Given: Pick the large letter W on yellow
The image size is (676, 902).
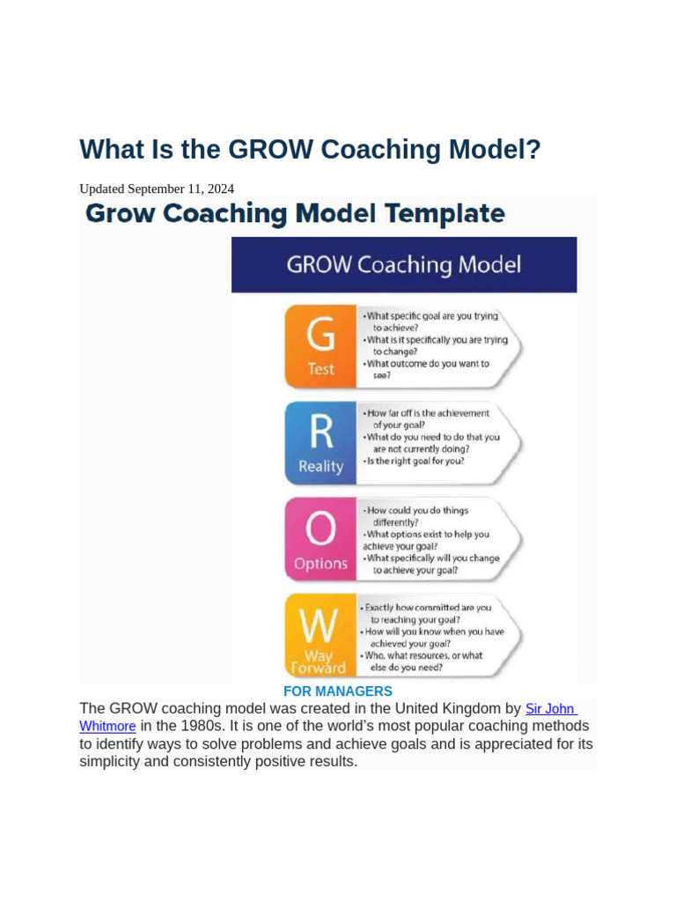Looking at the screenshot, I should [320, 625].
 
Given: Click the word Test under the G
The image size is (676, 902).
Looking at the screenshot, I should [320, 369].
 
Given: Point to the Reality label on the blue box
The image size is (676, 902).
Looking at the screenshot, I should [320, 467].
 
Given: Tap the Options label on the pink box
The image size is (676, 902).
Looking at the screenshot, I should [320, 564].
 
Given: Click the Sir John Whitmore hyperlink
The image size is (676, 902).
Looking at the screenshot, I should [549, 709].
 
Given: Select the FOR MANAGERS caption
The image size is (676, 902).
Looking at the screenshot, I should [337, 691].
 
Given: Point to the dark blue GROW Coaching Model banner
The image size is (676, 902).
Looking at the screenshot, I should [404, 265].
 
